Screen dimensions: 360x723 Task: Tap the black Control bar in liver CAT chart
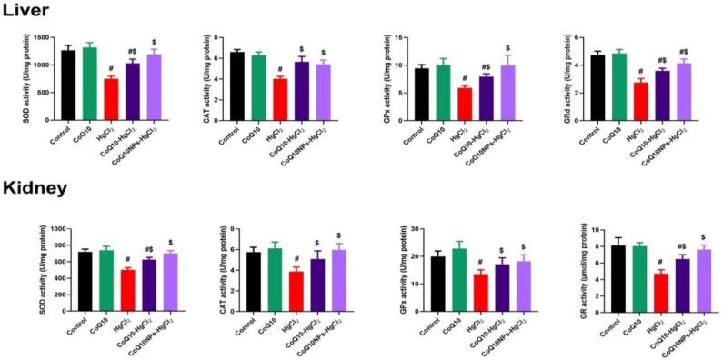click(237, 85)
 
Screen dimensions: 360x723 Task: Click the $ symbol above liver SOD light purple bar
click(154, 42)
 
